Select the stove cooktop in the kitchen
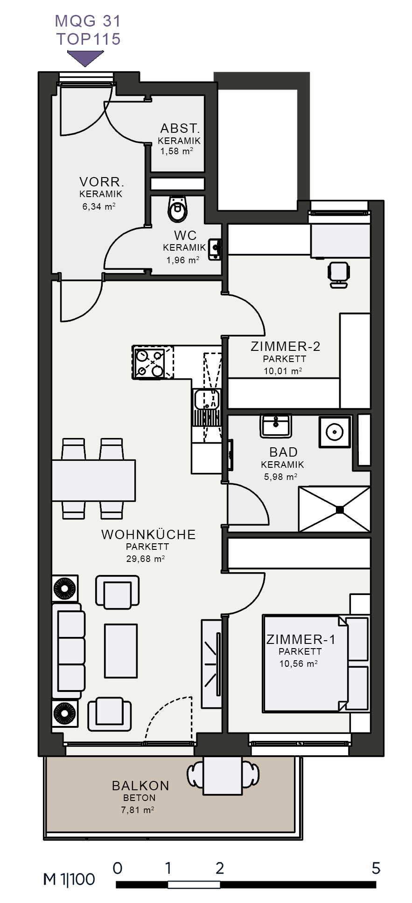(149, 363)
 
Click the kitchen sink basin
(207, 399)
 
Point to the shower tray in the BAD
(334, 509)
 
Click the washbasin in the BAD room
(276, 425)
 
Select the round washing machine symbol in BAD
(335, 432)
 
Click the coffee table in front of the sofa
(121, 651)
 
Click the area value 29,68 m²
(146, 558)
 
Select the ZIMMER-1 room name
(301, 639)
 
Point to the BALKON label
(140, 786)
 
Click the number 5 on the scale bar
(376, 868)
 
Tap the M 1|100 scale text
(69, 880)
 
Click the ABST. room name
(180, 128)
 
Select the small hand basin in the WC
(215, 249)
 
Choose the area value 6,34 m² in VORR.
(99, 206)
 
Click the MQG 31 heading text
(88, 21)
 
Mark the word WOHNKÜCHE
(148, 534)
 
